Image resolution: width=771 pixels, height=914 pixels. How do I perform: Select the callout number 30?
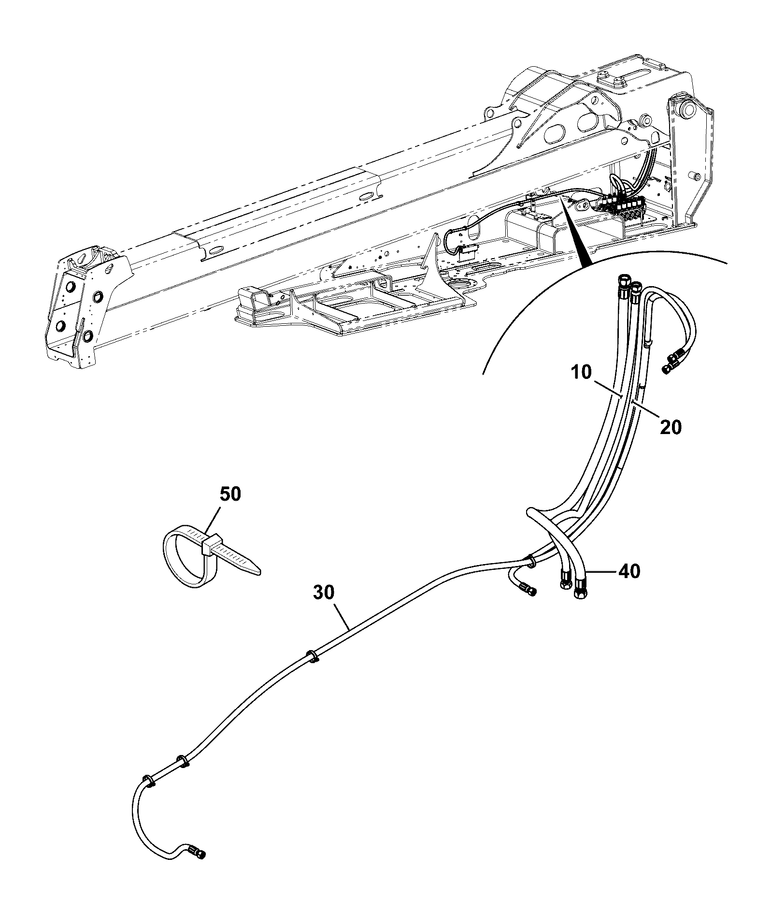(324, 593)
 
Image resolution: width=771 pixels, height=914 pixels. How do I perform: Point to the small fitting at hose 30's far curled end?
(198, 852)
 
